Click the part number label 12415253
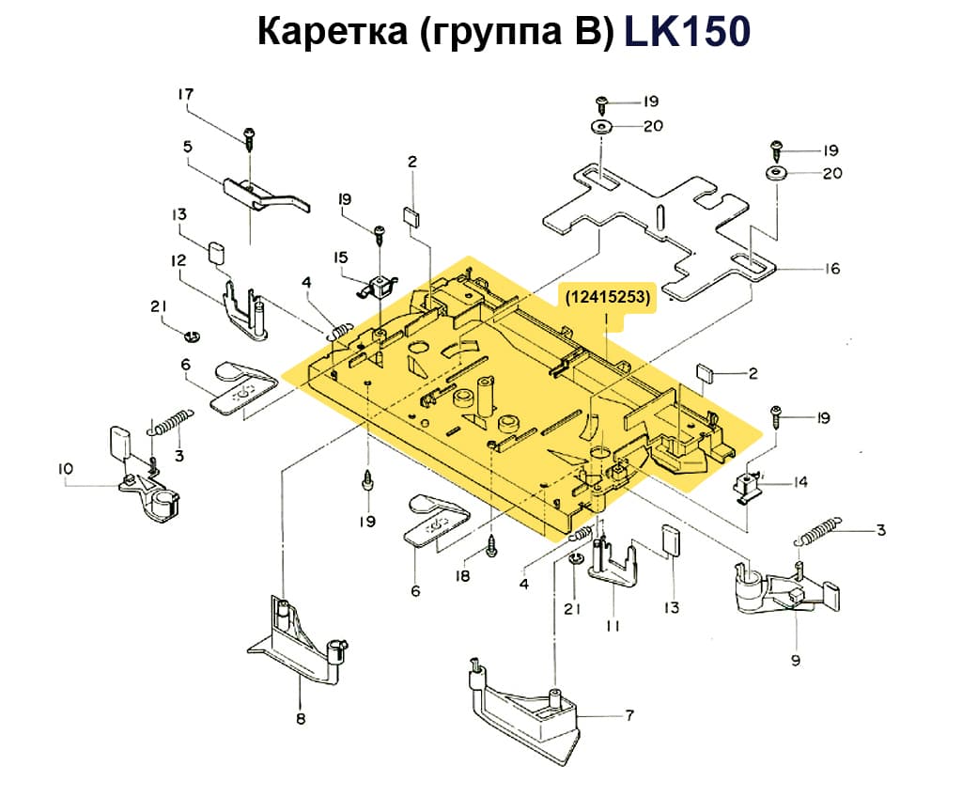pyautogui.click(x=607, y=297)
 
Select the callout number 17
pyautogui.click(x=185, y=94)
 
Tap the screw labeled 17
pyautogui.click(x=250, y=137)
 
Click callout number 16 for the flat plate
pyautogui.click(x=831, y=269)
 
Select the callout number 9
pyautogui.click(x=795, y=661)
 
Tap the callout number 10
pyautogui.click(x=65, y=468)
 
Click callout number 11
pyautogui.click(x=612, y=625)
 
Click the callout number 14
pyautogui.click(x=800, y=482)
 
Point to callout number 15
pyautogui.click(x=340, y=256)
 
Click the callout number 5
pyautogui.click(x=187, y=147)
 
